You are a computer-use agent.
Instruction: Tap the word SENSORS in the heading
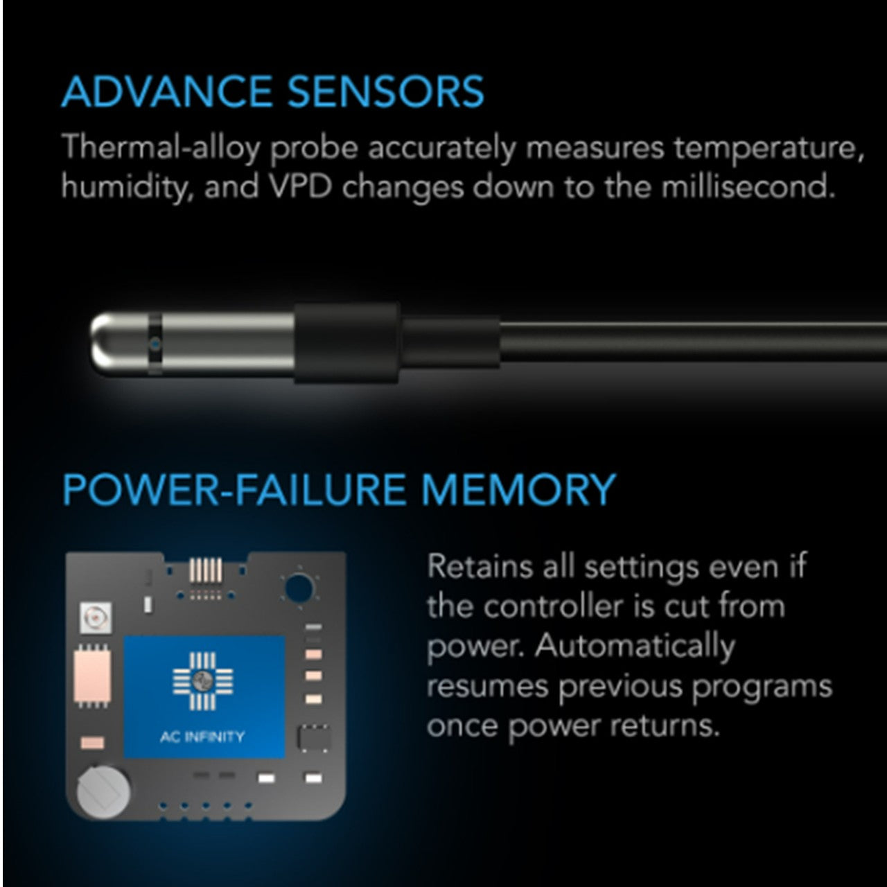point(386,91)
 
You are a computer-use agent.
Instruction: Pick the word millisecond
point(748,187)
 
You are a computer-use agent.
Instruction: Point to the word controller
point(554,606)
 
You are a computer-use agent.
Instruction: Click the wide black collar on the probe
point(346,343)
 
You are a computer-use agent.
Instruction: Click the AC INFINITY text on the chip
point(202,737)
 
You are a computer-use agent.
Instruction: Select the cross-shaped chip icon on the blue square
point(202,681)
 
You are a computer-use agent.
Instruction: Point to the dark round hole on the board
point(299,588)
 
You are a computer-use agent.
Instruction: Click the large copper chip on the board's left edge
point(92,676)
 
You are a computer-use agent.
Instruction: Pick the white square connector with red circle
point(95,617)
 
